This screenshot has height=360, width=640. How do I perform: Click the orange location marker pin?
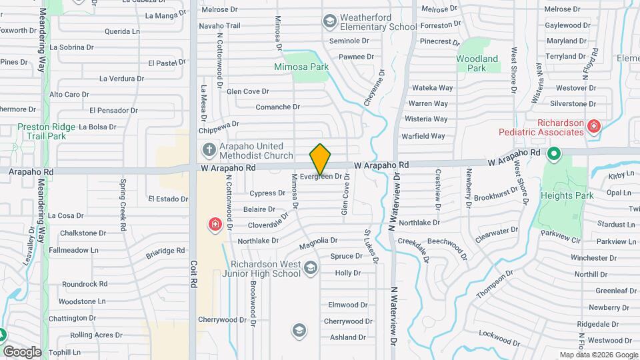[x=321, y=159]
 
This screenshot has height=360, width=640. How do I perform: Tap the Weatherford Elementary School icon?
[x=329, y=22]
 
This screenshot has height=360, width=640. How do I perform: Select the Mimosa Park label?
[x=301, y=67]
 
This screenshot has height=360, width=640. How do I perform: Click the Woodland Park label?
[x=477, y=63]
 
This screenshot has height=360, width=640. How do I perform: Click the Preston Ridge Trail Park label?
[x=41, y=131]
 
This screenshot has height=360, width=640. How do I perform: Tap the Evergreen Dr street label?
[x=325, y=177]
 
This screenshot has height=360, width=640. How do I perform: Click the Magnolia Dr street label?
[x=318, y=240]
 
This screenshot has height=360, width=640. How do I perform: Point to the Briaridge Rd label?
[x=165, y=251]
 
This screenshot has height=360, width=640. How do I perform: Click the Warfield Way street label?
[x=423, y=137]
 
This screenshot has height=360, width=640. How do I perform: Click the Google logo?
[x=22, y=351]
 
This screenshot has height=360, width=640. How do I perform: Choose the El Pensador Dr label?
[x=113, y=110]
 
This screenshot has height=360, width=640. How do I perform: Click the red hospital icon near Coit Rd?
[x=215, y=224]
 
